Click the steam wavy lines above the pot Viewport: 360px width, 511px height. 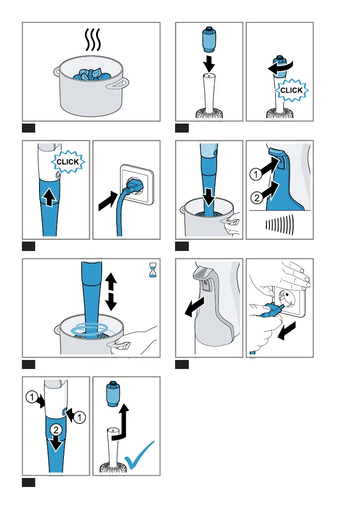click(93, 39)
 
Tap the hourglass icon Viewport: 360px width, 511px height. click(152, 270)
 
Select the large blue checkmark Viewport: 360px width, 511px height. click(139, 455)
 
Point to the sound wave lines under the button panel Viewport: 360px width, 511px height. click(279, 224)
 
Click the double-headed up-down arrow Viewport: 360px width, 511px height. click(111, 291)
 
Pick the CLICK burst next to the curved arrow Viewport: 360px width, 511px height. click(292, 90)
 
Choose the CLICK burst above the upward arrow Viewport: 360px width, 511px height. click(68, 162)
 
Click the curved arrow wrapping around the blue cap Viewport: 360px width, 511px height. click(281, 67)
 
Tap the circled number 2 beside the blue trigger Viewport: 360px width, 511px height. click(257, 198)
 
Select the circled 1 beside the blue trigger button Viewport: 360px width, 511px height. click(256, 174)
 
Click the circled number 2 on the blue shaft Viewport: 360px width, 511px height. click(56, 430)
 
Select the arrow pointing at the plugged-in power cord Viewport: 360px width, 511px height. click(108, 200)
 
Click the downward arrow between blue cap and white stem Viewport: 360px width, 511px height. click(209, 64)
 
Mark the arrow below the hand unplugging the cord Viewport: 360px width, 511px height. click(287, 331)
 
